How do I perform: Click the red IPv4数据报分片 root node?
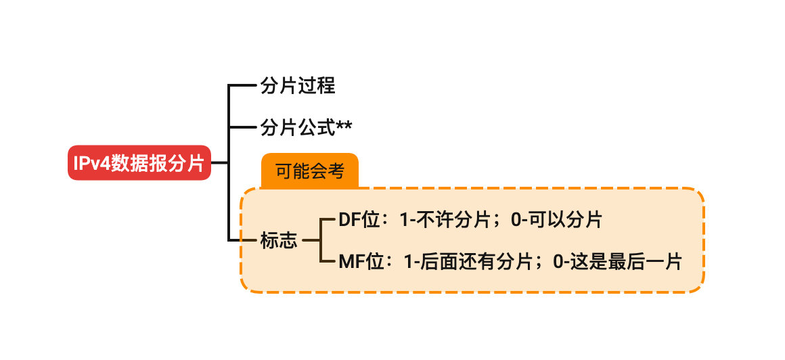139,162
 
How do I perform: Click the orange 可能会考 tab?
309,171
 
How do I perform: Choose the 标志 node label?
279,240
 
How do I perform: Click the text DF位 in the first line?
358,220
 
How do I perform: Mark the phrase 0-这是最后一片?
617,261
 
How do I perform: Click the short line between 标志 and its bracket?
310,240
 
